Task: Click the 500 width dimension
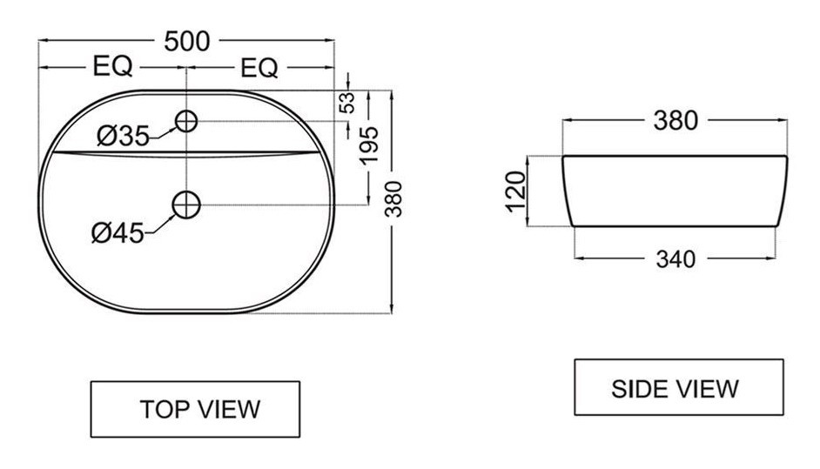tap(186, 41)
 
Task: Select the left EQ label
tap(112, 66)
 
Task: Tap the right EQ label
tap(259, 68)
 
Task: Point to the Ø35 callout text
tap(124, 136)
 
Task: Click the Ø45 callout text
tap(118, 232)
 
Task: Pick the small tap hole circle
tap(186, 121)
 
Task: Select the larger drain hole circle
tap(186, 204)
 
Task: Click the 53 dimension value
tap(347, 102)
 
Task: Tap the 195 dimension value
tap(369, 145)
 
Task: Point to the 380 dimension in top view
tap(393, 198)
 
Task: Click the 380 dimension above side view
tap(675, 121)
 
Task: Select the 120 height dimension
tap(516, 191)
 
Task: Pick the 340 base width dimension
tap(675, 259)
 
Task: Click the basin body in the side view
tap(675, 191)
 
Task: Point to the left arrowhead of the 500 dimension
tap(44, 40)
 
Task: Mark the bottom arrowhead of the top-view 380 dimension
tap(392, 309)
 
